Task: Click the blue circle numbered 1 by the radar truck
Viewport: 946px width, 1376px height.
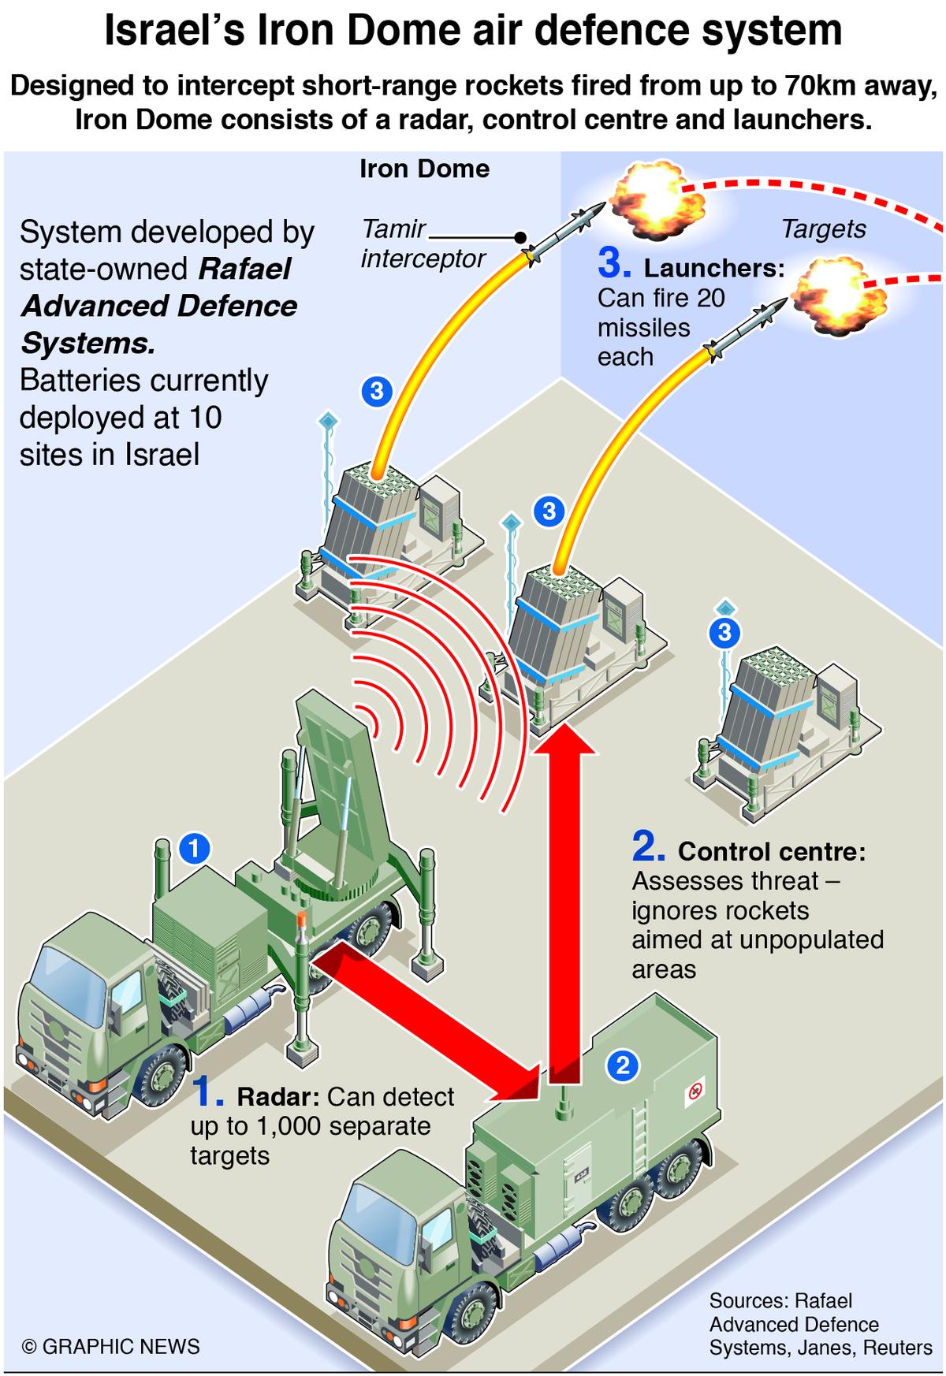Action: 195,848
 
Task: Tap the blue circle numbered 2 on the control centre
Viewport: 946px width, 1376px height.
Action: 623,1066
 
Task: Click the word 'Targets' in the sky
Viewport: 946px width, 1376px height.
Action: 823,229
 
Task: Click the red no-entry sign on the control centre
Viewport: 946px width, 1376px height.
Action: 695,1092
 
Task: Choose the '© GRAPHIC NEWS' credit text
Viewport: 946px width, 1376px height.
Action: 111,1346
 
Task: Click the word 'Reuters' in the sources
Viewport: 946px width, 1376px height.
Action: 898,1348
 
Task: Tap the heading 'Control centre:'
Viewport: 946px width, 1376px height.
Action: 772,851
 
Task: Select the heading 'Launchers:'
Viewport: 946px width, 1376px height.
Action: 714,269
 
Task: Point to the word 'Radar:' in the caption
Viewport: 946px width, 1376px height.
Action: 278,1097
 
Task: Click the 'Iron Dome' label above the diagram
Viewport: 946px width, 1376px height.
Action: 424,169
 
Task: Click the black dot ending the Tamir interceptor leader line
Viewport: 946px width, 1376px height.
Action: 520,237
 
